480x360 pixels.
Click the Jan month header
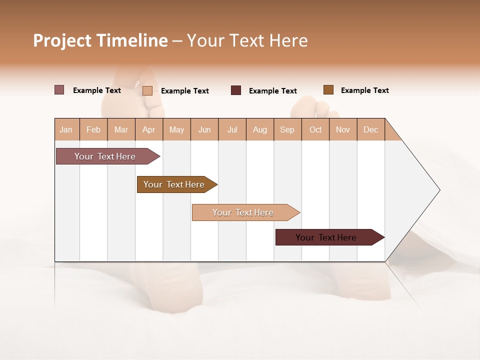66,129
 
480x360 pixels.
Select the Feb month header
93,129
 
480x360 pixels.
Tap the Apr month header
148,129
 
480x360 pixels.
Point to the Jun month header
204,129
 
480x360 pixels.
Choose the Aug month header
259,129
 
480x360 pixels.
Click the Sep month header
287,129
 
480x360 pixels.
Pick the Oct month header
315,129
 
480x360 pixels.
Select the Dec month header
370,129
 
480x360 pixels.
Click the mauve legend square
59,90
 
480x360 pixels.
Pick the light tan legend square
147,90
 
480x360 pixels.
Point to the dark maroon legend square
236,90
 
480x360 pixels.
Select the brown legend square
328,90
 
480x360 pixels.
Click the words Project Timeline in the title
100,40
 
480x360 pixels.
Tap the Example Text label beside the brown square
364,90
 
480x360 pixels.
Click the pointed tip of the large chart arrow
438,190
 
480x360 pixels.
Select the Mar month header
121,129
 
